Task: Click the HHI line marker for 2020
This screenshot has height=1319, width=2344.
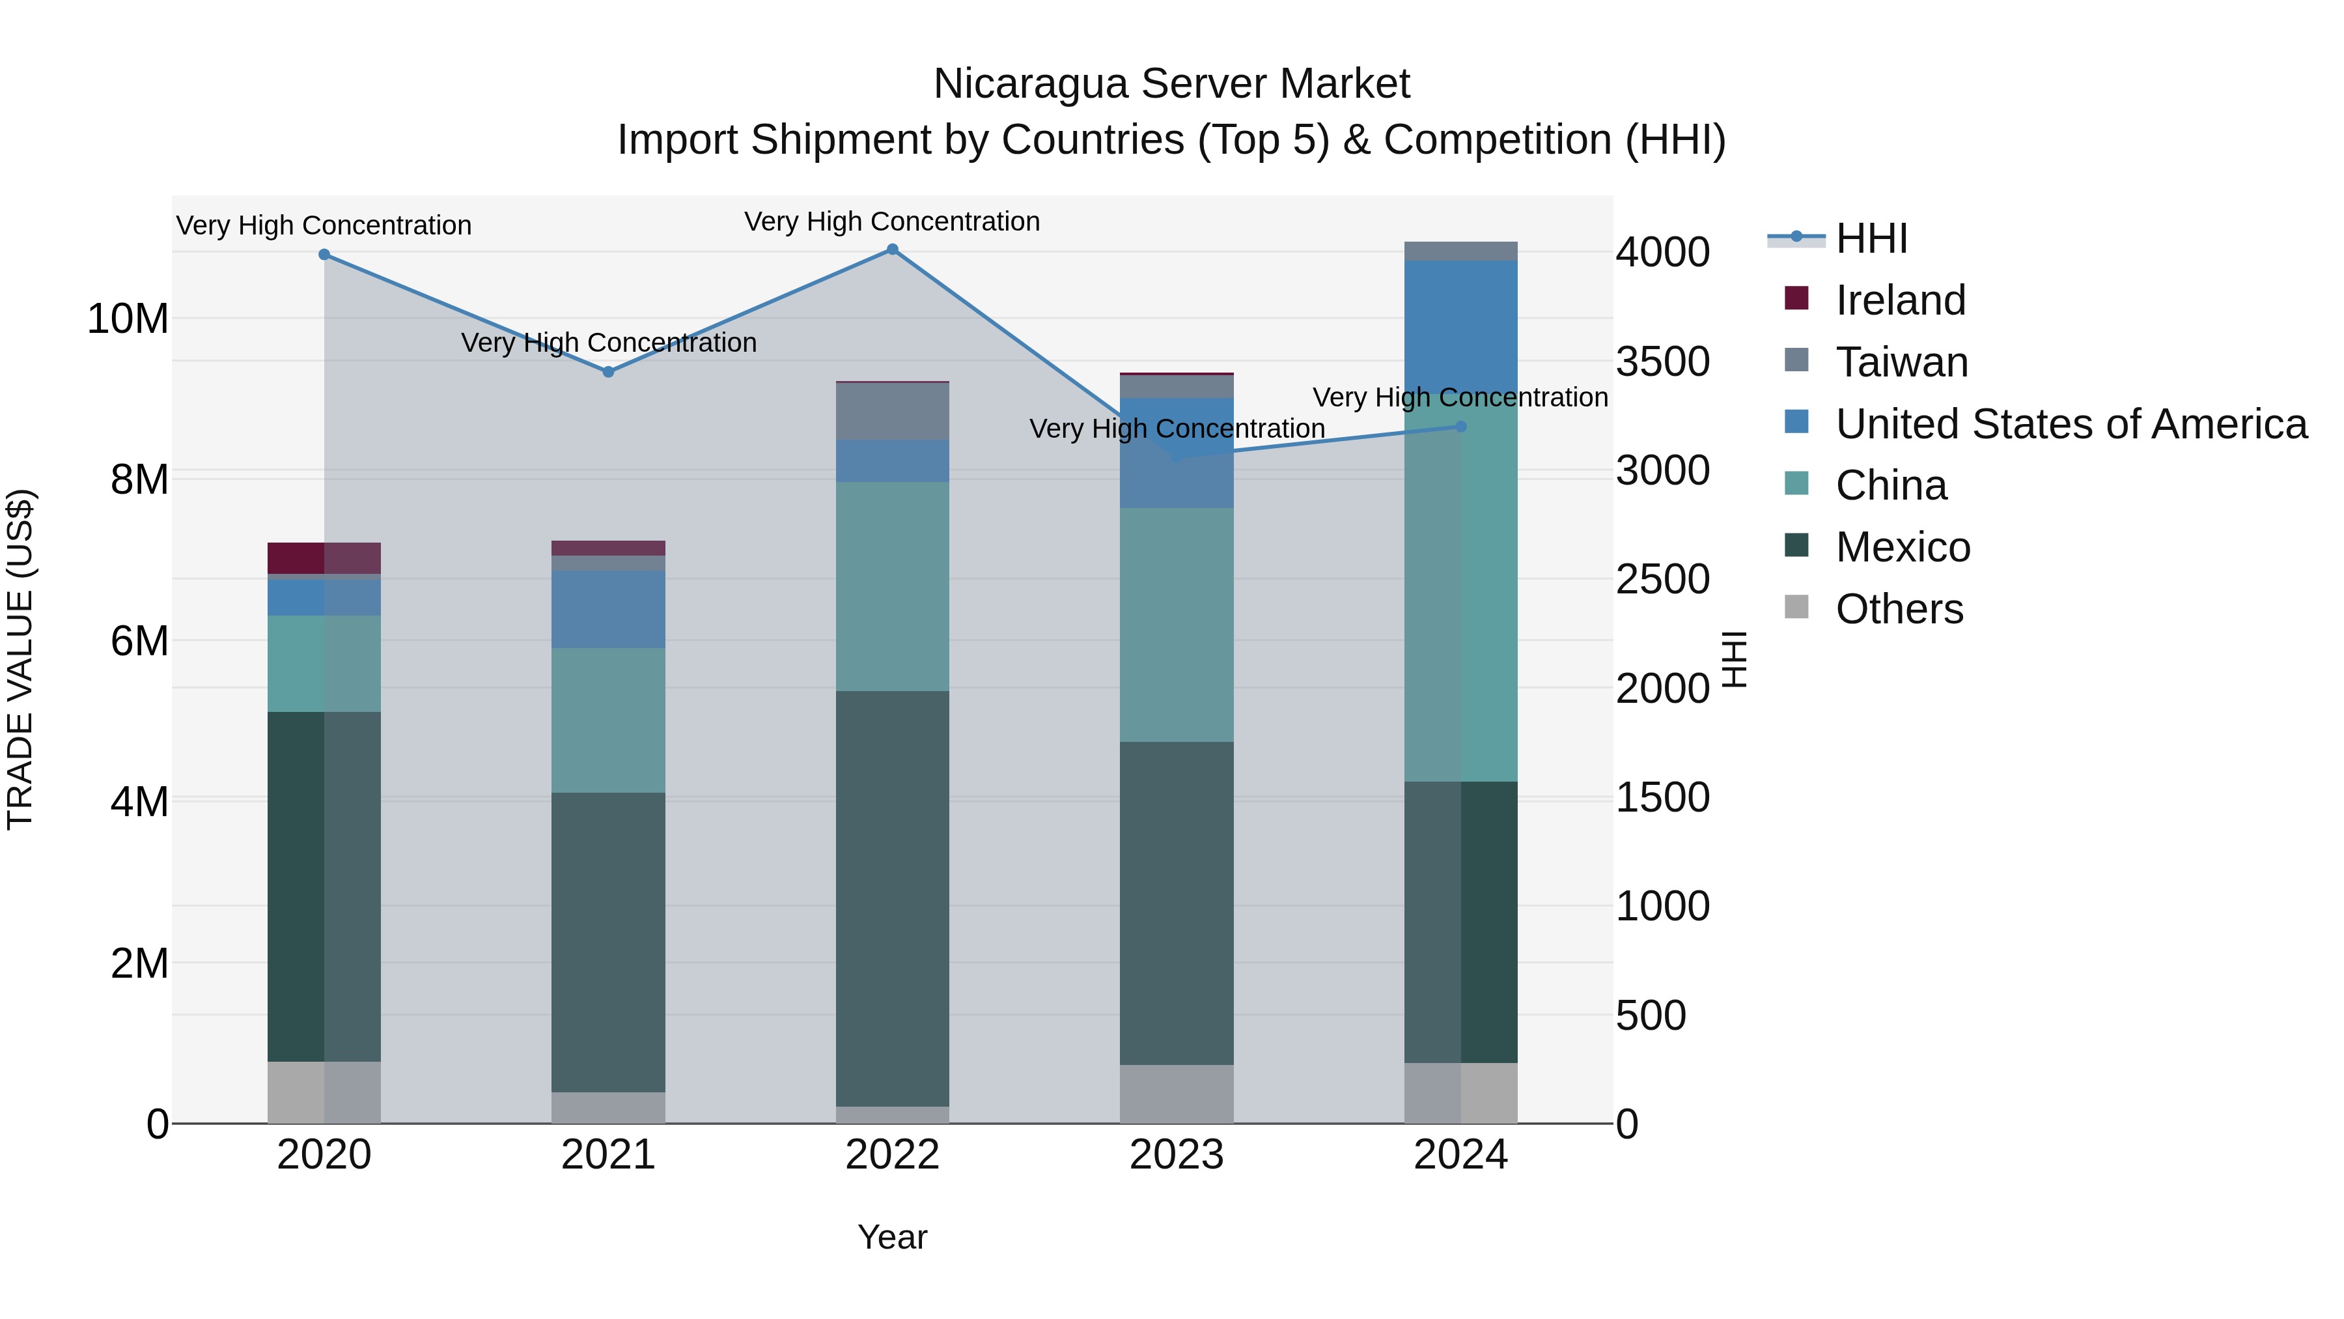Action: tap(324, 255)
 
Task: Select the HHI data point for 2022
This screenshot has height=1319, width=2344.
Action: tap(893, 249)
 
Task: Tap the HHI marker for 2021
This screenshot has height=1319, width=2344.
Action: tap(609, 371)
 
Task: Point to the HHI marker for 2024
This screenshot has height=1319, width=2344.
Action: tap(1461, 426)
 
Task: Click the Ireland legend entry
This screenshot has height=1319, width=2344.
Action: tap(1900, 300)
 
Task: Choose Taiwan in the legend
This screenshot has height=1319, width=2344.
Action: tap(1902, 362)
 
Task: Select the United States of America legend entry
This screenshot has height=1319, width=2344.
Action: tap(2071, 424)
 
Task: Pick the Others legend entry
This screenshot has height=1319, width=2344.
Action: tap(1899, 609)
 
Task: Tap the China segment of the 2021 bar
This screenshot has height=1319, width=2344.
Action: tap(609, 719)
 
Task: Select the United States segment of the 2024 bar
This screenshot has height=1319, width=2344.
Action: tap(1461, 328)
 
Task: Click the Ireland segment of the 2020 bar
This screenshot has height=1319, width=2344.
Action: tap(324, 558)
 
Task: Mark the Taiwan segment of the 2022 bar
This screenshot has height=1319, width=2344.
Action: tap(893, 412)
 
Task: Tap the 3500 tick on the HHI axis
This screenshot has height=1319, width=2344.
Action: tap(1662, 362)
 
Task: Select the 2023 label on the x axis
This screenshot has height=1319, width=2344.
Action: tap(1177, 1155)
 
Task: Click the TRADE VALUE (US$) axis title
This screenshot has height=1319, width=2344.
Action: tap(20, 659)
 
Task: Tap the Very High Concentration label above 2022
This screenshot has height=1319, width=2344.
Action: tap(892, 221)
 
